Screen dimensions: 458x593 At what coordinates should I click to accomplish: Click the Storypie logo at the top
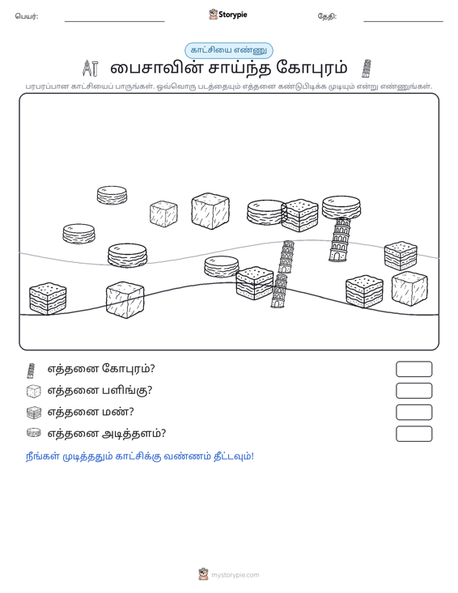coord(227,15)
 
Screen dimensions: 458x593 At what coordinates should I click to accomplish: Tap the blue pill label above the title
coord(229,50)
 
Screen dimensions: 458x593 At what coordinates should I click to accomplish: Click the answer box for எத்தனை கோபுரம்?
coord(413,369)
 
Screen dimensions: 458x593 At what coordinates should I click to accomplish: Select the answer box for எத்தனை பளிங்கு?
coord(413,391)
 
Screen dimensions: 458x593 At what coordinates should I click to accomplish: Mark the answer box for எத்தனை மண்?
coord(413,413)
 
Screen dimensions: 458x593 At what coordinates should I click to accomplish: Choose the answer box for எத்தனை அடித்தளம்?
coord(413,434)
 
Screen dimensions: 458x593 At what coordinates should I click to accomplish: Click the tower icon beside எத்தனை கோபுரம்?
coord(31,371)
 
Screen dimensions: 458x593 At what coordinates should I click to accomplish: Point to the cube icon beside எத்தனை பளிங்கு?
coord(34,391)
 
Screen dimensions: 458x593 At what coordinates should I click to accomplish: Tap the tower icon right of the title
coord(366,69)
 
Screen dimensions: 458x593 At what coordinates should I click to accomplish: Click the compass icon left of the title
coord(91,69)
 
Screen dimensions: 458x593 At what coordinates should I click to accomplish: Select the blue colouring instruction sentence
coord(140,456)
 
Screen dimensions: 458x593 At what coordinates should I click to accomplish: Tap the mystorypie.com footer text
coord(235,575)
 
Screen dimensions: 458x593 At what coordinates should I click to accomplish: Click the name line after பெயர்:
coord(115,21)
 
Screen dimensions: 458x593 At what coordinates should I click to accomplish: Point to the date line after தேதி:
coord(403,21)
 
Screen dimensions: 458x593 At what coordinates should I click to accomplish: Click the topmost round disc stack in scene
coord(112,195)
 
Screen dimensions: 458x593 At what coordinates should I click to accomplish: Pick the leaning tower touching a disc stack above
coord(340,239)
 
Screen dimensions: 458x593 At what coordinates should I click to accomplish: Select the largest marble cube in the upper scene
coord(210,211)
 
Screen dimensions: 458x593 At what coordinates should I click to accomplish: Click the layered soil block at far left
coord(48,299)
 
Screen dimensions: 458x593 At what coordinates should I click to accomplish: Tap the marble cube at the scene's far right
coord(409,289)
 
